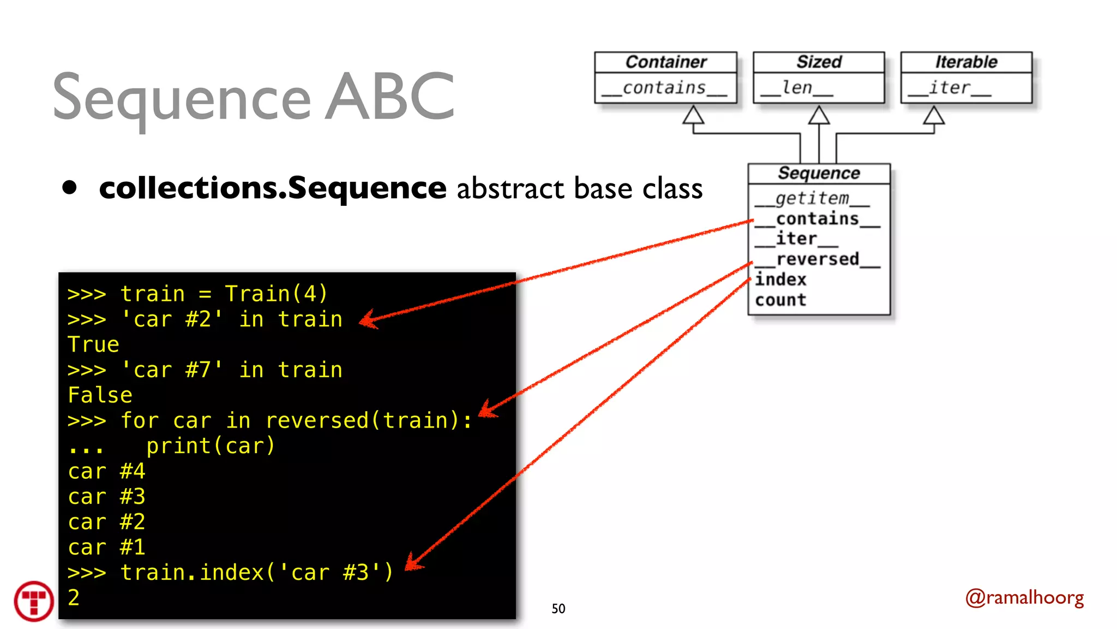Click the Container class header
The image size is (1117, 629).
point(665,62)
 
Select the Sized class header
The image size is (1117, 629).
point(819,62)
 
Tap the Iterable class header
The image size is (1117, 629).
point(966,62)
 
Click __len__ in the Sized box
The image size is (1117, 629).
point(797,88)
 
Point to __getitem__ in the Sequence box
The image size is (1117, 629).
point(812,198)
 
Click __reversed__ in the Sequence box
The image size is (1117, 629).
point(817,259)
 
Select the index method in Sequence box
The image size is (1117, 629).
point(780,280)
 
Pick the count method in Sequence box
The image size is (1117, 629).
point(780,300)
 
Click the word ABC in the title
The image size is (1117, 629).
point(389,97)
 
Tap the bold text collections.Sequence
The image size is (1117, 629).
point(273,188)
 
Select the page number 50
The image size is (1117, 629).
point(558,609)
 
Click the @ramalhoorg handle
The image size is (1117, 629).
point(1024,598)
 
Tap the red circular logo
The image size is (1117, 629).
point(34,601)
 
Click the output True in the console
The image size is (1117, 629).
point(93,345)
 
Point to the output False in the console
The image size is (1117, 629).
point(100,395)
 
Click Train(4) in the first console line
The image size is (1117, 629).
point(275,294)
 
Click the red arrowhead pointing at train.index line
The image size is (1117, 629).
point(413,563)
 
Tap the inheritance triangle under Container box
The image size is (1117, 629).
point(693,115)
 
